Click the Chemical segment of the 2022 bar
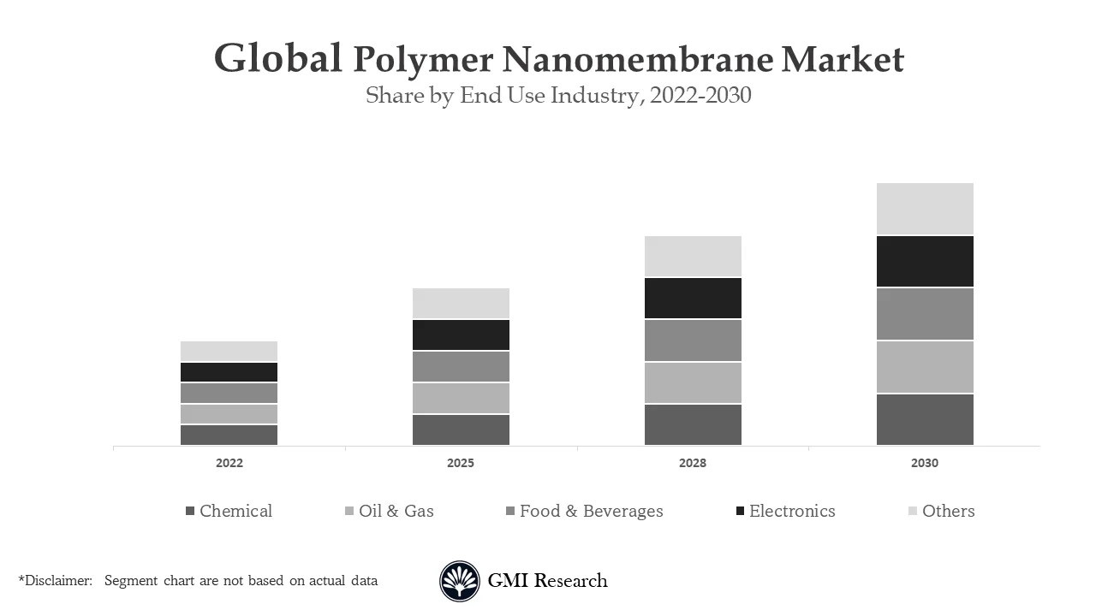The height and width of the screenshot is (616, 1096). pyautogui.click(x=229, y=435)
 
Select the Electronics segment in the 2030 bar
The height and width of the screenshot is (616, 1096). pyautogui.click(x=925, y=261)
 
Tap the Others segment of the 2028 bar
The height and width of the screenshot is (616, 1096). pyautogui.click(x=693, y=256)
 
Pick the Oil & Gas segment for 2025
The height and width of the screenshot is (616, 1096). pyautogui.click(x=461, y=398)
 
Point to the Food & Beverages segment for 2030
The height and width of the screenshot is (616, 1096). pyautogui.click(x=925, y=314)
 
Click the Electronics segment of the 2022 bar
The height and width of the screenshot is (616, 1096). pyautogui.click(x=229, y=372)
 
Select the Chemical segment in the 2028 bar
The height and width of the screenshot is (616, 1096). pyautogui.click(x=693, y=424)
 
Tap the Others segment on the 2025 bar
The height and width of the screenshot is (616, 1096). pyautogui.click(x=461, y=303)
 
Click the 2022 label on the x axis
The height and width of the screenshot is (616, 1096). pyautogui.click(x=229, y=463)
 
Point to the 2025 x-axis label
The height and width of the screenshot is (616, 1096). pyautogui.click(x=461, y=463)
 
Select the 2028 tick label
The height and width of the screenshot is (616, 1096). pyautogui.click(x=693, y=463)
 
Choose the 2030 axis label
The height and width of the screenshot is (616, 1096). pyautogui.click(x=925, y=463)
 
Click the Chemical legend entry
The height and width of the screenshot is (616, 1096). pyautogui.click(x=229, y=511)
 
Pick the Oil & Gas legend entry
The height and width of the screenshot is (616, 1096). pyautogui.click(x=389, y=511)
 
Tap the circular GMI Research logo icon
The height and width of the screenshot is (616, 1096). pyautogui.click(x=460, y=581)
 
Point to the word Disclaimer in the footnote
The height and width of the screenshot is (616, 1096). pyautogui.click(x=57, y=580)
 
